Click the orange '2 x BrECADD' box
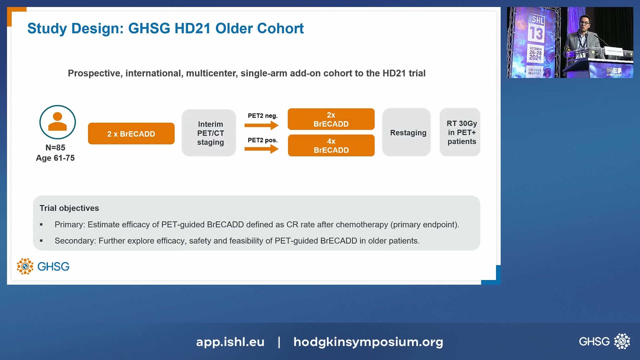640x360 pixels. pyautogui.click(x=131, y=134)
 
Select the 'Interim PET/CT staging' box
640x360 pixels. pyautogui.click(x=209, y=133)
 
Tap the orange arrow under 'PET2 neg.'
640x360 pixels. pyautogui.click(x=261, y=125)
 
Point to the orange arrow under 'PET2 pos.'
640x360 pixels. pyautogui.click(x=261, y=149)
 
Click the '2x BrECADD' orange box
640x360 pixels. pyautogui.click(x=331, y=119)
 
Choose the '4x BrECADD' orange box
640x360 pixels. pyautogui.click(x=331, y=146)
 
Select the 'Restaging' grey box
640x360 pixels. pyautogui.click(x=406, y=133)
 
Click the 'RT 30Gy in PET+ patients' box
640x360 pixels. pyautogui.click(x=460, y=132)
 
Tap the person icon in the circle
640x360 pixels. pyautogui.click(x=58, y=122)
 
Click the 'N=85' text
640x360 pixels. pyautogui.click(x=55, y=147)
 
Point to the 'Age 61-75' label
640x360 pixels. pyautogui.click(x=55, y=158)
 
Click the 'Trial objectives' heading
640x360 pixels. pyautogui.click(x=69, y=208)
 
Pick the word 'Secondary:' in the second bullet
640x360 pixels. pyautogui.click(x=75, y=241)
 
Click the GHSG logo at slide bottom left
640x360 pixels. pyautogui.click(x=43, y=266)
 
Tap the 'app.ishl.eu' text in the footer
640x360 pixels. pyautogui.click(x=230, y=342)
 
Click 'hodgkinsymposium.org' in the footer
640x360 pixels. pyautogui.click(x=368, y=342)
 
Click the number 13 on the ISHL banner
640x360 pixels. pyautogui.click(x=536, y=34)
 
